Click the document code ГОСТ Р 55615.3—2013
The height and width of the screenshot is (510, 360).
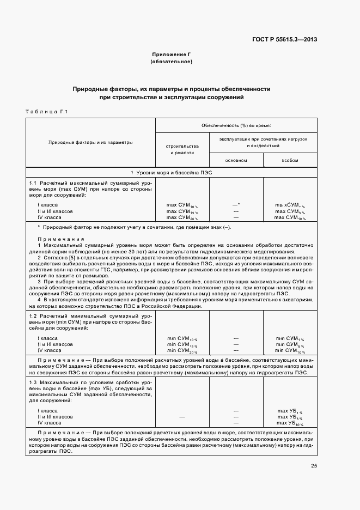292,39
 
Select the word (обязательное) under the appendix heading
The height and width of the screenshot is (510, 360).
172,62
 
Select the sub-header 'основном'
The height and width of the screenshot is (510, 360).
236,160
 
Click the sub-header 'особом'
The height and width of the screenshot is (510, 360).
290,160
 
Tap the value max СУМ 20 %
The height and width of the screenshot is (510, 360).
182,217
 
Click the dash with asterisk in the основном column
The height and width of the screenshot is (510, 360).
236,204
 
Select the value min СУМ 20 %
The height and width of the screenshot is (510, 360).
182,350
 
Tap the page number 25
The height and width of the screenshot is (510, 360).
314,465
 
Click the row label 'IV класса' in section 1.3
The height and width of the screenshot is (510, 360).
50,422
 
